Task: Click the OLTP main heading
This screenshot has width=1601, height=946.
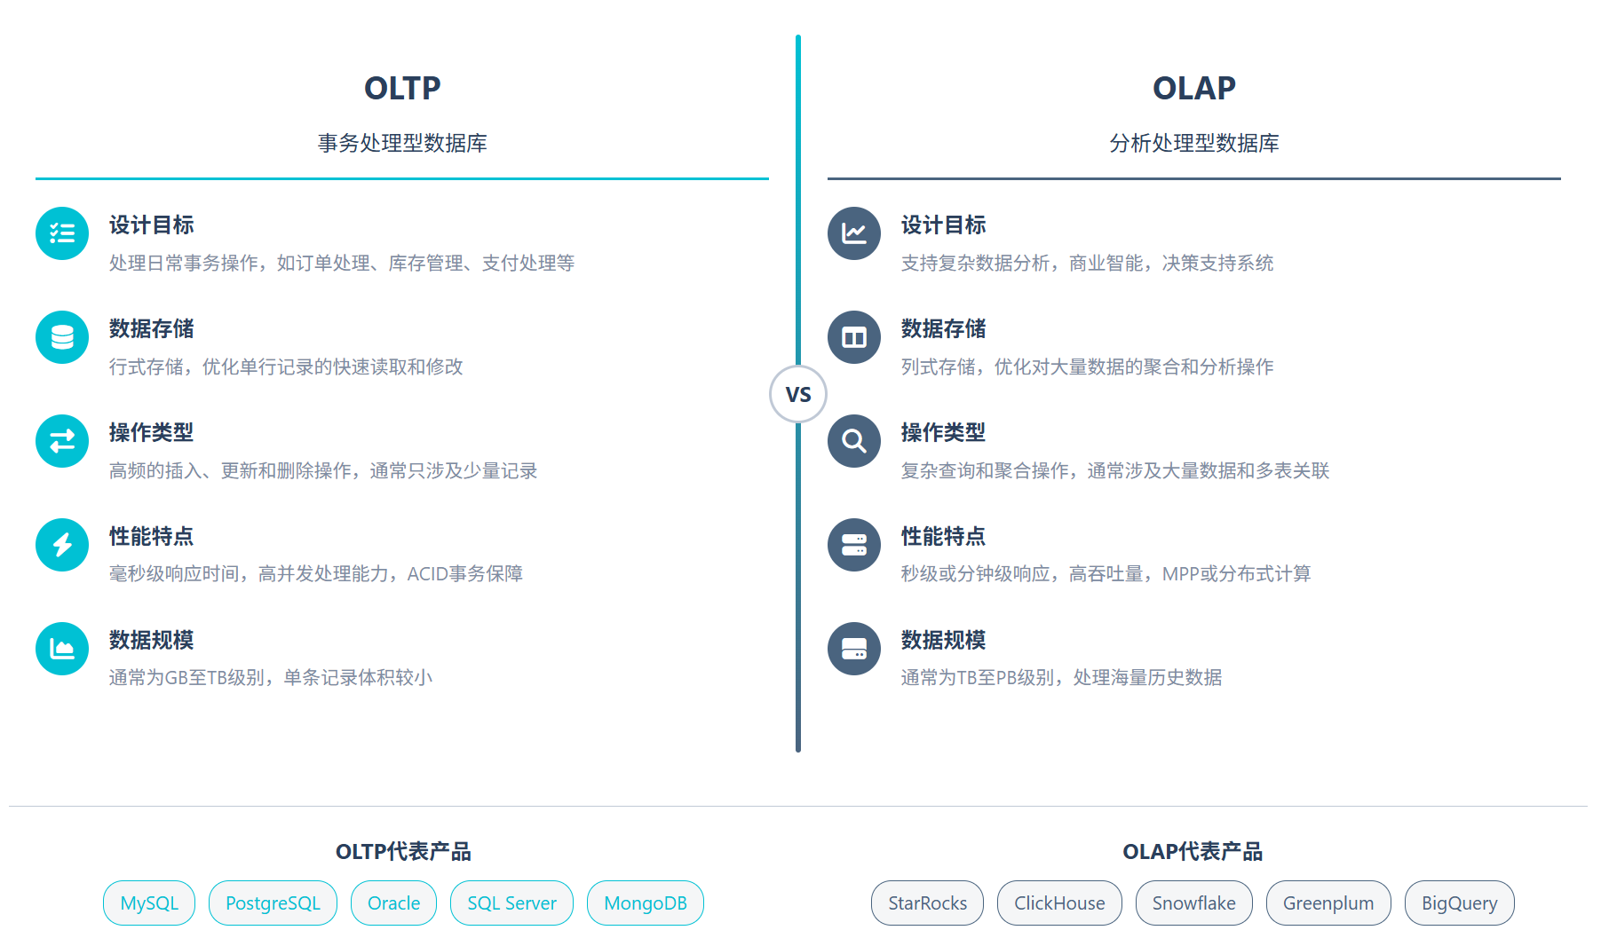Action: coord(402,88)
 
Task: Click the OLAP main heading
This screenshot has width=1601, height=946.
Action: coord(1193,88)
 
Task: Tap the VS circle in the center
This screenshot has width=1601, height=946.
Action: coord(798,394)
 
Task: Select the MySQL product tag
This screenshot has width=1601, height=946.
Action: coord(149,903)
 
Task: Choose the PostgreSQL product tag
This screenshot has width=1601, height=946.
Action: coord(273,903)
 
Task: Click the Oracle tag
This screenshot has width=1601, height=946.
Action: coord(393,903)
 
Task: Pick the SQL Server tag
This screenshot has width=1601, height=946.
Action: coord(511,903)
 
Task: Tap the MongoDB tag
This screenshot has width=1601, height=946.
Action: coord(646,903)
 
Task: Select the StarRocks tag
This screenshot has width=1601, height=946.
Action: coord(927,903)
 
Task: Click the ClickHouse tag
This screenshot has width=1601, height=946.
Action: coord(1059,903)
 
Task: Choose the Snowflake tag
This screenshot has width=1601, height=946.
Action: coord(1193,903)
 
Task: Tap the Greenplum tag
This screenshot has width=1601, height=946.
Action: coord(1328,903)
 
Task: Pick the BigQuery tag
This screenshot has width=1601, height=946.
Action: coord(1459,903)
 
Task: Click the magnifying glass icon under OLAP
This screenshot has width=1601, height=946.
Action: coord(854,441)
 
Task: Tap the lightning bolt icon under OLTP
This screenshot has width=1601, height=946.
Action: coord(62,545)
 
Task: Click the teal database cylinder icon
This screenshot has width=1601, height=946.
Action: coord(62,337)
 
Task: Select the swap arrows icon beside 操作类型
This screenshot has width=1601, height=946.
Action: coord(62,441)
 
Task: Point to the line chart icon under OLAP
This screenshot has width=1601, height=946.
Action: coord(854,233)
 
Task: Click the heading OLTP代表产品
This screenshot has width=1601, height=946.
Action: coord(403,852)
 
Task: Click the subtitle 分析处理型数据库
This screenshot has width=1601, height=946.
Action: coord(1193,143)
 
